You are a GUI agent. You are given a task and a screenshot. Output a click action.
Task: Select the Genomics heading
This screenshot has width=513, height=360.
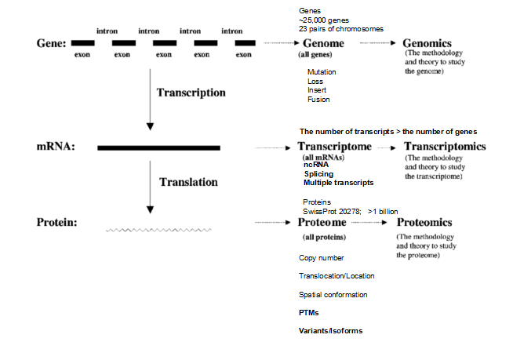pyautogui.click(x=429, y=43)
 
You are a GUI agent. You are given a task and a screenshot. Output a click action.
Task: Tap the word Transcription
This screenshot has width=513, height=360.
pyautogui.click(x=191, y=93)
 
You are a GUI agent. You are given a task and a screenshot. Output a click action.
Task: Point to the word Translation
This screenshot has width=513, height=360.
pyautogui.click(x=188, y=181)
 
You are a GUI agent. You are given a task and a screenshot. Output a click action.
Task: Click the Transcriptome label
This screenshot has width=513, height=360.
pyautogui.click(x=332, y=147)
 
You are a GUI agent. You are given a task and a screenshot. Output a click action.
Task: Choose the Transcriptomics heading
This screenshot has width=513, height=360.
pyautogui.click(x=444, y=147)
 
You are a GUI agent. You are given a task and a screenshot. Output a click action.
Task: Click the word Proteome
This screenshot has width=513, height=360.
pyautogui.click(x=325, y=223)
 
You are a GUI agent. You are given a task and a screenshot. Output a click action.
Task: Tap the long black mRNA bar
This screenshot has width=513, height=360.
pyautogui.click(x=158, y=147)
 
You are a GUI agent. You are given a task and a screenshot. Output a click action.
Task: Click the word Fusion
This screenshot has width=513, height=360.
pyautogui.click(x=318, y=100)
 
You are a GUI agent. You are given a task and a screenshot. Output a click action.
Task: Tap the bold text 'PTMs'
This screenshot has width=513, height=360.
pyautogui.click(x=309, y=312)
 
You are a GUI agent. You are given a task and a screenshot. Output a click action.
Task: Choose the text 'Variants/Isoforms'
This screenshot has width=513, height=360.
pyautogui.click(x=330, y=330)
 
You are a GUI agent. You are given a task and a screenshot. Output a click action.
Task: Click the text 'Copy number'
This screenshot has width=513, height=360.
pyautogui.click(x=322, y=257)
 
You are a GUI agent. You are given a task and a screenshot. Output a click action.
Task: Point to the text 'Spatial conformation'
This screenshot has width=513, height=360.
pyautogui.click(x=333, y=294)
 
